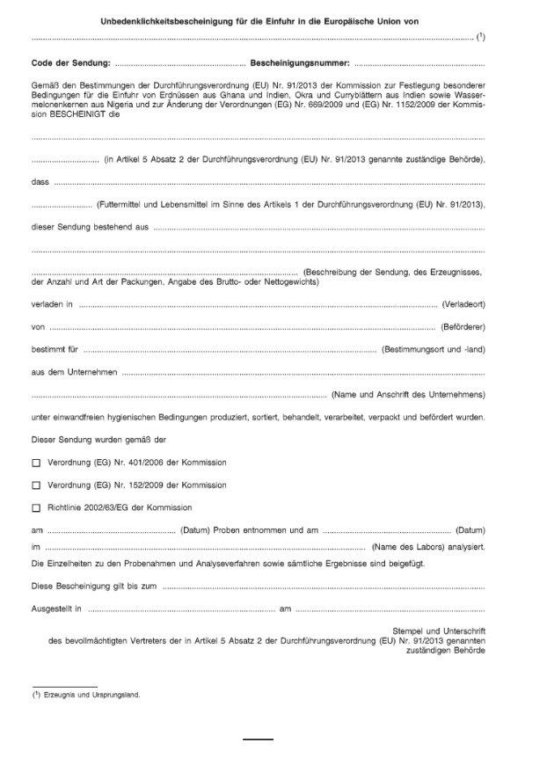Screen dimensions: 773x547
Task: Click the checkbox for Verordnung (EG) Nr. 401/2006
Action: tap(36, 462)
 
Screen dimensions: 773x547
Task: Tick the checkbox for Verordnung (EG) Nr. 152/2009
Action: tap(36, 485)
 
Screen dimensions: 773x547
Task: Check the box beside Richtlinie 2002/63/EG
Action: tap(36, 507)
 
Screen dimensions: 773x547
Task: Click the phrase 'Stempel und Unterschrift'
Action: tap(439, 631)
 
